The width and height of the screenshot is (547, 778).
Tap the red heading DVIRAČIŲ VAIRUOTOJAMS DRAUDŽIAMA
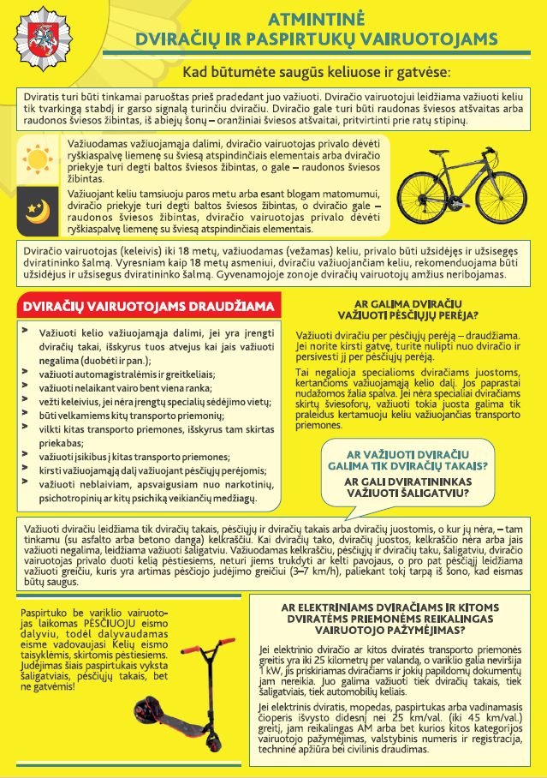pyautogui.click(x=148, y=306)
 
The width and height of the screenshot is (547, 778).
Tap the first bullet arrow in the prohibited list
pyautogui.click(x=25, y=329)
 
